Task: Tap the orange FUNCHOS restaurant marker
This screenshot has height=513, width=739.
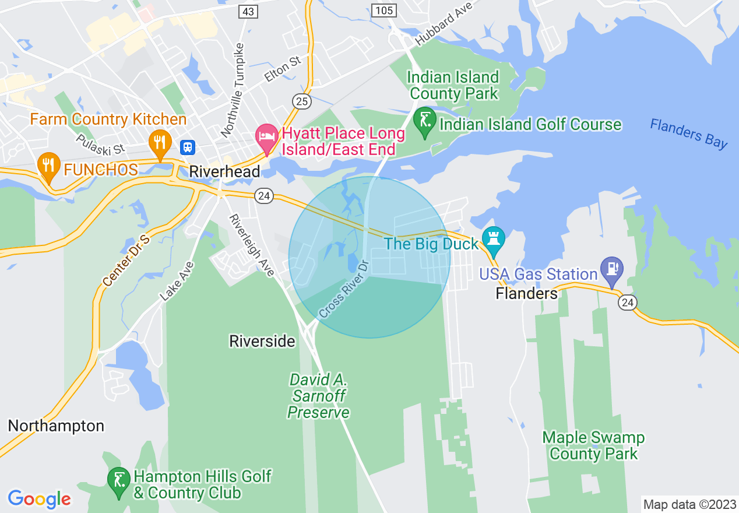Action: tap(49, 166)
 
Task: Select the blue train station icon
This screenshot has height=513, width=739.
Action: tap(188, 147)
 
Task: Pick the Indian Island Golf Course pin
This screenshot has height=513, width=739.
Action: tap(424, 121)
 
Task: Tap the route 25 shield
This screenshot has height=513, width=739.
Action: tap(301, 101)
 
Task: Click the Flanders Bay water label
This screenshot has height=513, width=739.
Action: tap(688, 133)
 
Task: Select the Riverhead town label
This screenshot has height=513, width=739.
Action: tap(224, 171)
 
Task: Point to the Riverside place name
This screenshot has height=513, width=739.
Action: tap(262, 341)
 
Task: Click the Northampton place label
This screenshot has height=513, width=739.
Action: tap(56, 426)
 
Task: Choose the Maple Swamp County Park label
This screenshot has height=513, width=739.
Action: tap(593, 445)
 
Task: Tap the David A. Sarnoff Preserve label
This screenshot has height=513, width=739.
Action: tap(319, 396)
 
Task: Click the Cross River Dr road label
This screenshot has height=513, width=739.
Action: tap(344, 290)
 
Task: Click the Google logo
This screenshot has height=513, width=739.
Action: tap(39, 499)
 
